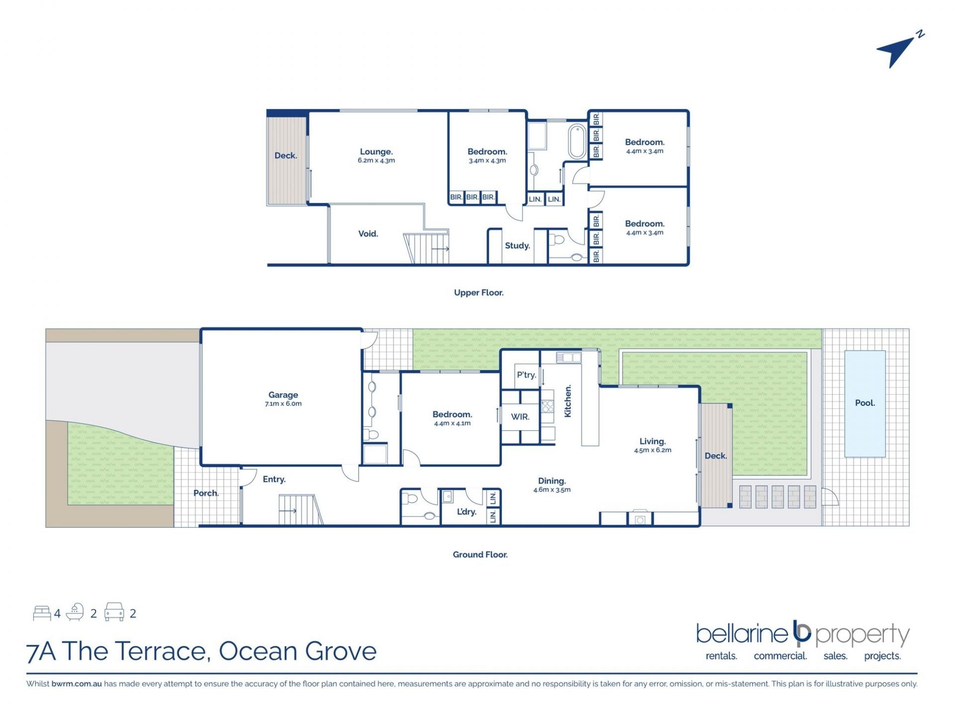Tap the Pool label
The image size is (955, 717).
pos(865,403)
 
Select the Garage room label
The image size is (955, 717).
pos(283,395)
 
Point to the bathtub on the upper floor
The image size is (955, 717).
pos(577,141)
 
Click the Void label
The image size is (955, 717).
pos(368,234)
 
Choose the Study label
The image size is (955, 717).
pos(517,245)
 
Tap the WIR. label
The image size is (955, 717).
pos(520,417)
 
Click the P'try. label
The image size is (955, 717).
pos(526,375)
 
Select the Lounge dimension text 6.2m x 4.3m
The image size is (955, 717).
pos(376,161)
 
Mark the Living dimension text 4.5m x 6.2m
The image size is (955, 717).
pos(653,450)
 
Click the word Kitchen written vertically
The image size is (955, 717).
pos(568,401)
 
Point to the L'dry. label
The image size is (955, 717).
pos(467,512)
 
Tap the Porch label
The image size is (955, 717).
pos(206,493)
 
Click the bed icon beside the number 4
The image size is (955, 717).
pos(42,613)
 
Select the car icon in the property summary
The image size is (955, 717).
pos(114,612)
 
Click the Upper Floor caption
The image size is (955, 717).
pos(478,293)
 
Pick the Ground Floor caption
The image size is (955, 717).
pos(480,555)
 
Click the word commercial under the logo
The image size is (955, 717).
pos(780,656)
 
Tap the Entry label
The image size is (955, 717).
pos(274,479)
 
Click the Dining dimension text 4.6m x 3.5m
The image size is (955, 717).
pos(552,490)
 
